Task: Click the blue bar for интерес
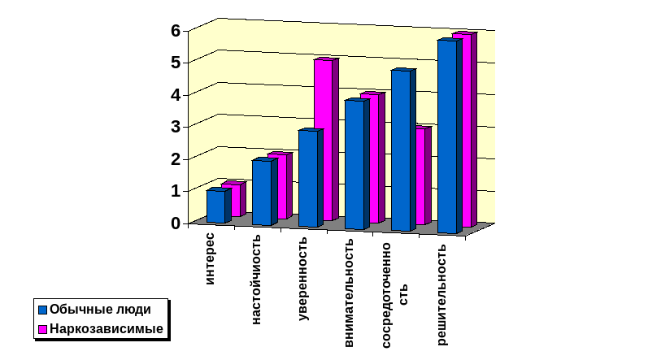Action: pos(215,206)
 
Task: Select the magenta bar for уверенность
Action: pos(323,138)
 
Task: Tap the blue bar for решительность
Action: pos(447,137)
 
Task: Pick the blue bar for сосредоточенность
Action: pos(401,150)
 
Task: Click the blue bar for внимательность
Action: pos(354,164)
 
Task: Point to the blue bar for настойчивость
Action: pos(262,193)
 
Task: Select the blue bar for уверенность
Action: pos(308,178)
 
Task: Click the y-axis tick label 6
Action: pos(175,31)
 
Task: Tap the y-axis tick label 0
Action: pos(175,223)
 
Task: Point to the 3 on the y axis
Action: pos(175,127)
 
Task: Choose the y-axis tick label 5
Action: pos(175,63)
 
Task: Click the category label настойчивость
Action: pos(257,280)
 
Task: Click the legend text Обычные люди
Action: pos(100,309)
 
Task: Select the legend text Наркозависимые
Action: pos(107,329)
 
